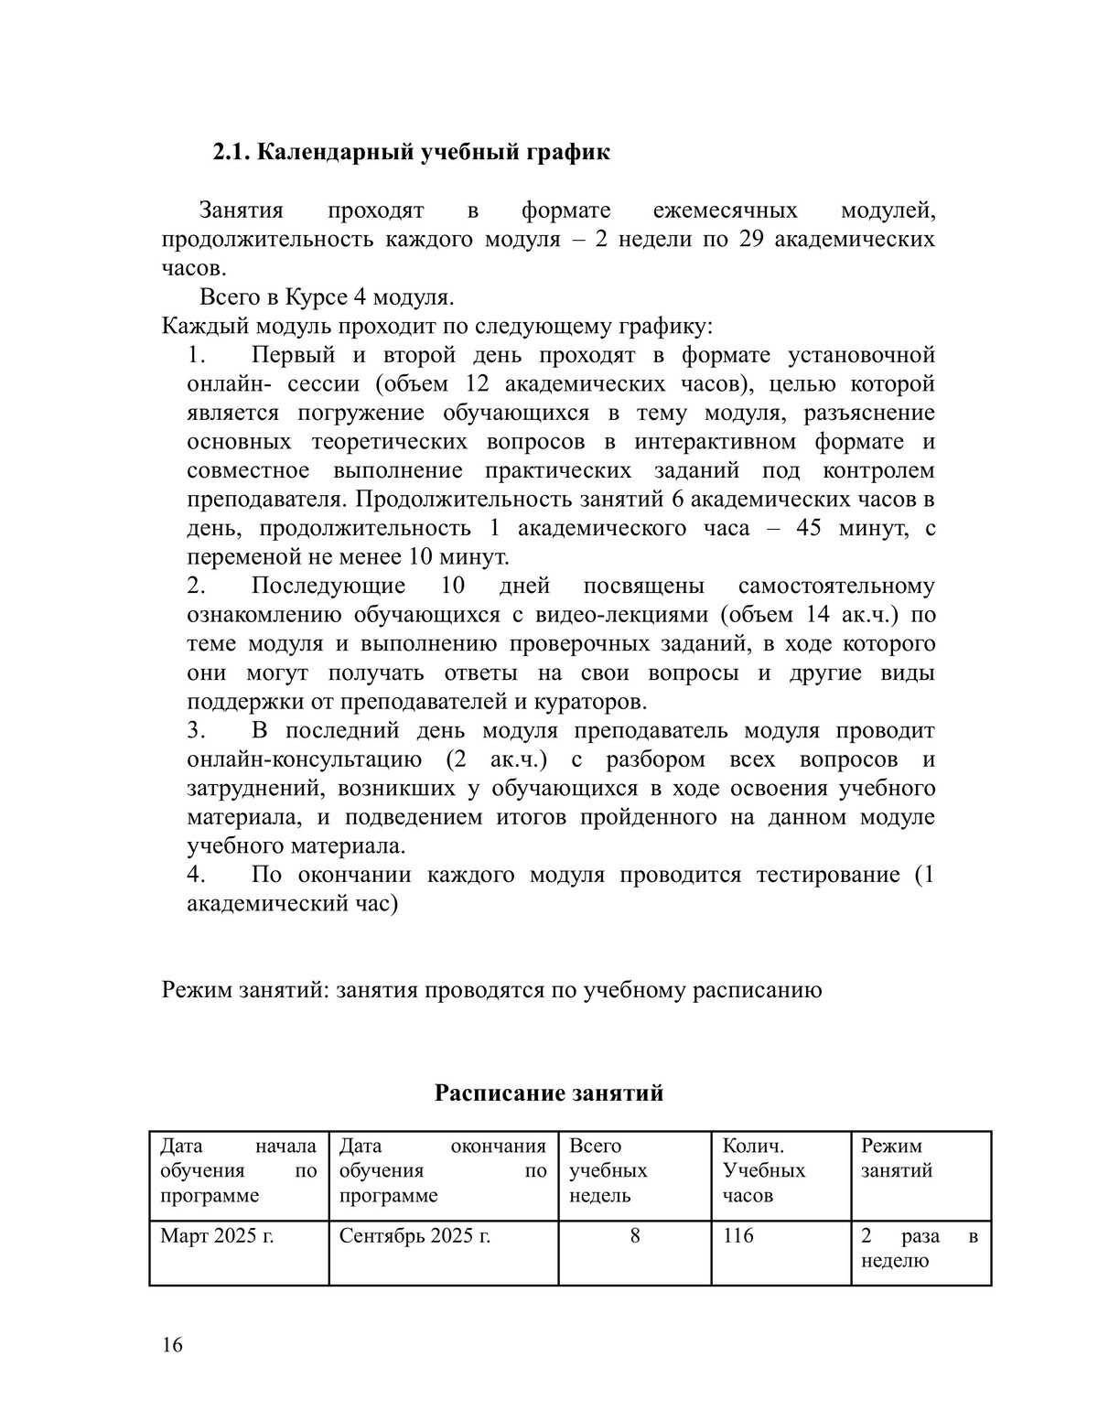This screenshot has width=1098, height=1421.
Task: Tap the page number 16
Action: pyautogui.click(x=172, y=1344)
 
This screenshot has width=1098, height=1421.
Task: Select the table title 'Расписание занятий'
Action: pyautogui.click(x=548, y=1093)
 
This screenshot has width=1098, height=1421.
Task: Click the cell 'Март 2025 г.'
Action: pyautogui.click(x=218, y=1236)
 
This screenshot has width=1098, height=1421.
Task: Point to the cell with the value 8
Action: pyautogui.click(x=634, y=1236)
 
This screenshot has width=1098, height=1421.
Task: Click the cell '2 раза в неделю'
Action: pyautogui.click(x=920, y=1248)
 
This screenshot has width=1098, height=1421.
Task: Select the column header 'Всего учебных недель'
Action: pyautogui.click(x=608, y=1170)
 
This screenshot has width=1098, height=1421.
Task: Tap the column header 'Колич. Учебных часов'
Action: pyautogui.click(x=764, y=1170)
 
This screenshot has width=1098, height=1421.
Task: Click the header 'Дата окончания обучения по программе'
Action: pyautogui.click(x=443, y=1170)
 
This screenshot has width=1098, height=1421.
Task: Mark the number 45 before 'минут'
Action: pyautogui.click(x=809, y=529)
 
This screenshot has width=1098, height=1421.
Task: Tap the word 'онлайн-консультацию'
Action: pyautogui.click(x=304, y=759)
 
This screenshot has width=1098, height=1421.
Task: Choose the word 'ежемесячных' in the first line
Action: pyautogui.click(x=725, y=210)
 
